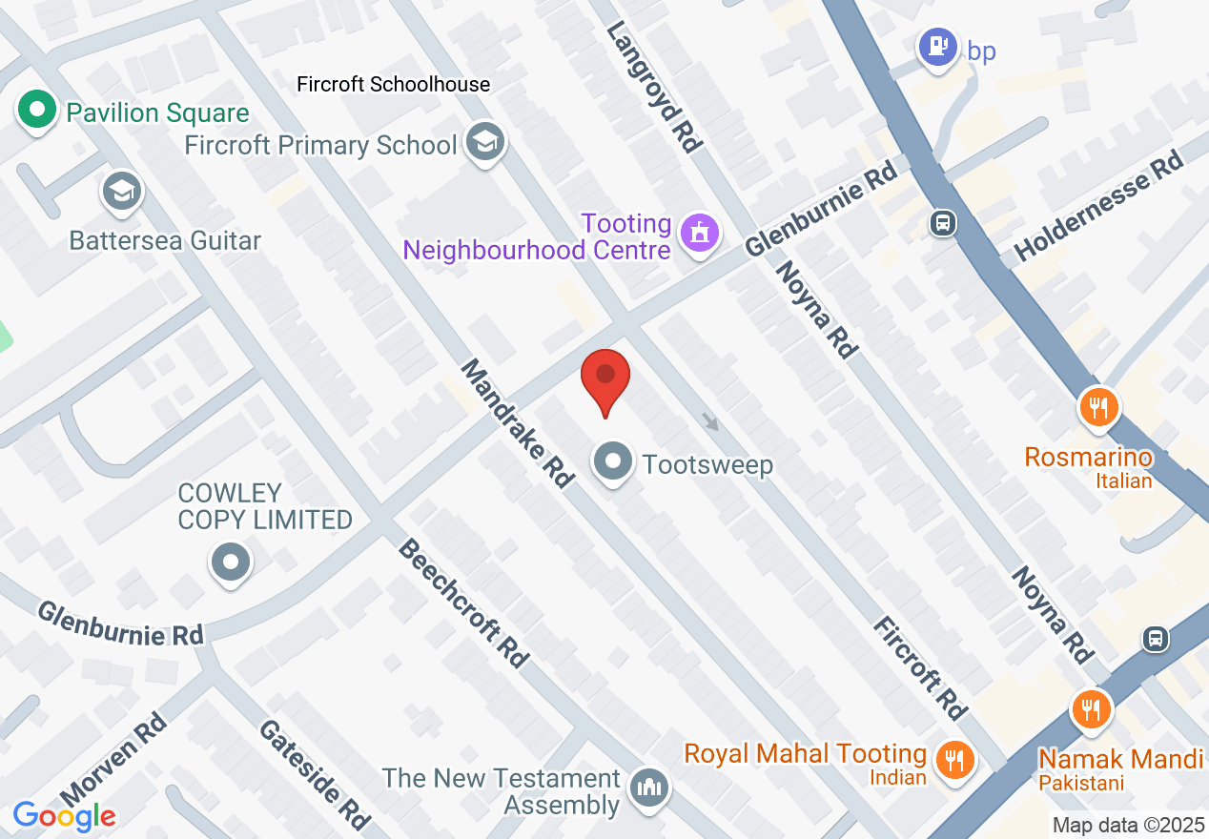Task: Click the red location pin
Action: pos(605,379)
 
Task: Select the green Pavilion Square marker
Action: pos(37,112)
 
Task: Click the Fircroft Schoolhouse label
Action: pos(393,85)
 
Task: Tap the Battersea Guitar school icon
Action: pos(121,192)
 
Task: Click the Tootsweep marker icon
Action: pos(613,462)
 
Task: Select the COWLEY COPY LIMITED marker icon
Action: pos(230,561)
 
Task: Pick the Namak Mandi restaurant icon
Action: pos(1090,710)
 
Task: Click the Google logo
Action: pos(64,816)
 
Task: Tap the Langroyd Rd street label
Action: pos(655,87)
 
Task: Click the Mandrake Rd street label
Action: pos(516,423)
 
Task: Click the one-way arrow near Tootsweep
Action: pos(709,421)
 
